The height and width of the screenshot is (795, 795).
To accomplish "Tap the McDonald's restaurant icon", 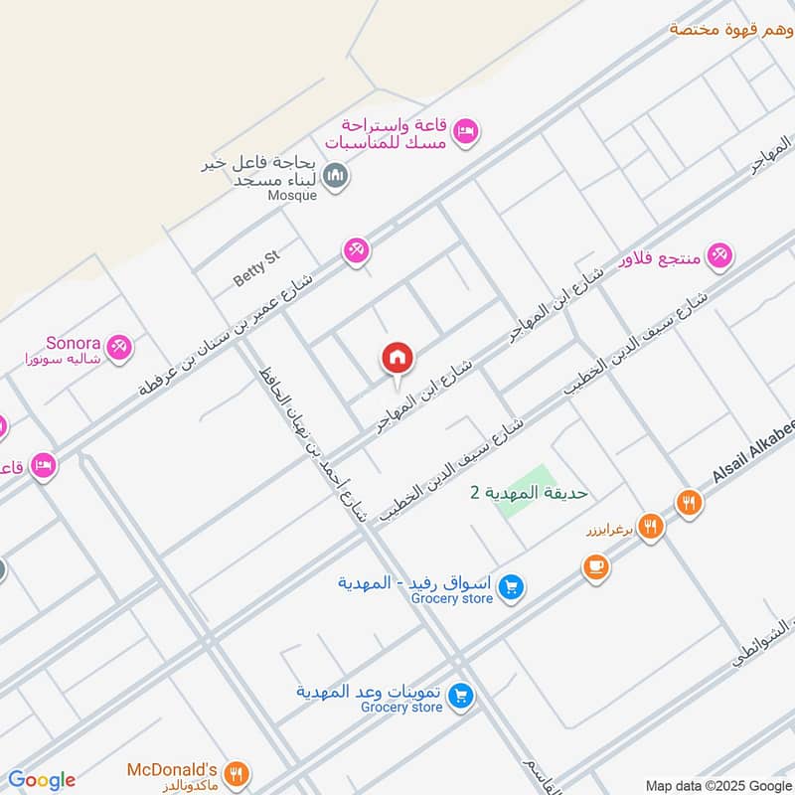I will click(237, 773).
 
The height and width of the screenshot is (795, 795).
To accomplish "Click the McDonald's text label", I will click(172, 769).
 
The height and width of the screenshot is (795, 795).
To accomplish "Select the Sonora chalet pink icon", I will click(121, 347).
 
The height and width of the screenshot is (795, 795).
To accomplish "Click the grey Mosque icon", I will click(337, 177).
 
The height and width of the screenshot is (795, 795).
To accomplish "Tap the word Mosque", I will click(292, 196).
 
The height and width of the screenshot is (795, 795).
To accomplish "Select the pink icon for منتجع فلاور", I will click(721, 255).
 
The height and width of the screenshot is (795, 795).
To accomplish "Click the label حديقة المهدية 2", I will click(529, 492).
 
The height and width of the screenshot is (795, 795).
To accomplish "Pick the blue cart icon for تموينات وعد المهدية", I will click(459, 697).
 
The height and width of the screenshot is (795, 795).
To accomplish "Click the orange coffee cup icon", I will click(595, 567).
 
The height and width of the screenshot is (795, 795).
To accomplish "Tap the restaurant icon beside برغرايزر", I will click(651, 527).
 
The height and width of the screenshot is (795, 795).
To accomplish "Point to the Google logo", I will click(42, 780).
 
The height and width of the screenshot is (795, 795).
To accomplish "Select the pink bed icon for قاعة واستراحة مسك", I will click(465, 131).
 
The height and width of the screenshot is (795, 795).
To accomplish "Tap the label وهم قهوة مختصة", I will click(730, 28).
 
